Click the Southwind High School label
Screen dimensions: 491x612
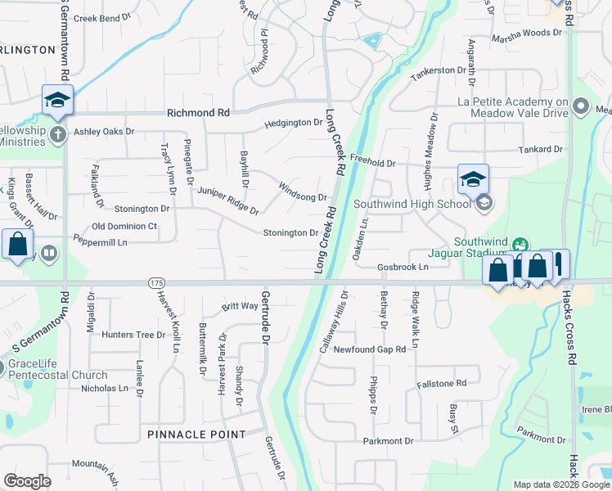[411, 203]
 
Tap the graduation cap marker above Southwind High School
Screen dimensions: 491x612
[473, 180]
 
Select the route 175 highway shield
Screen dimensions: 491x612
[157, 282]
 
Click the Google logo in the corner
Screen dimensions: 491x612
[27, 481]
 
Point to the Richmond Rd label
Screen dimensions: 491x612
[198, 113]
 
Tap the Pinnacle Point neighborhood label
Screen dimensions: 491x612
[196, 434]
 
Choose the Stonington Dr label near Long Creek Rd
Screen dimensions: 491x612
[290, 233]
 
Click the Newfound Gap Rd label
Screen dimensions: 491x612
[369, 349]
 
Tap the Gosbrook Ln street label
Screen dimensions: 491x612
[403, 268]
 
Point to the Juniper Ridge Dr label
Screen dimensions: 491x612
[227, 200]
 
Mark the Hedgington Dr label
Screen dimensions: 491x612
[293, 124]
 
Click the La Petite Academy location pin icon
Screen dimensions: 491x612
[581, 106]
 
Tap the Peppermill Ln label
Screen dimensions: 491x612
[101, 243]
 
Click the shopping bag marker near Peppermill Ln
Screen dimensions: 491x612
[17, 245]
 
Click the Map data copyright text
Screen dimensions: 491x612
[560, 484]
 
